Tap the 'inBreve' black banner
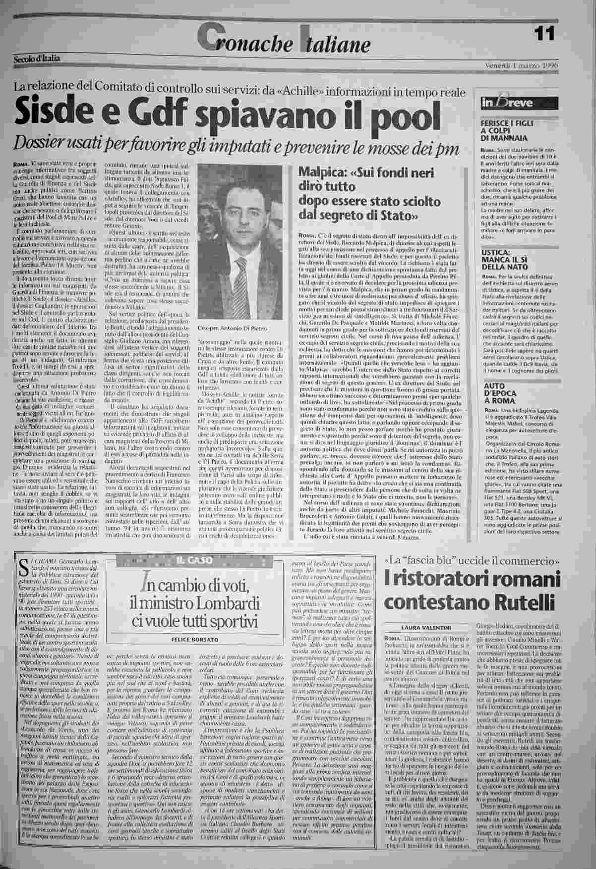[517, 104]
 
